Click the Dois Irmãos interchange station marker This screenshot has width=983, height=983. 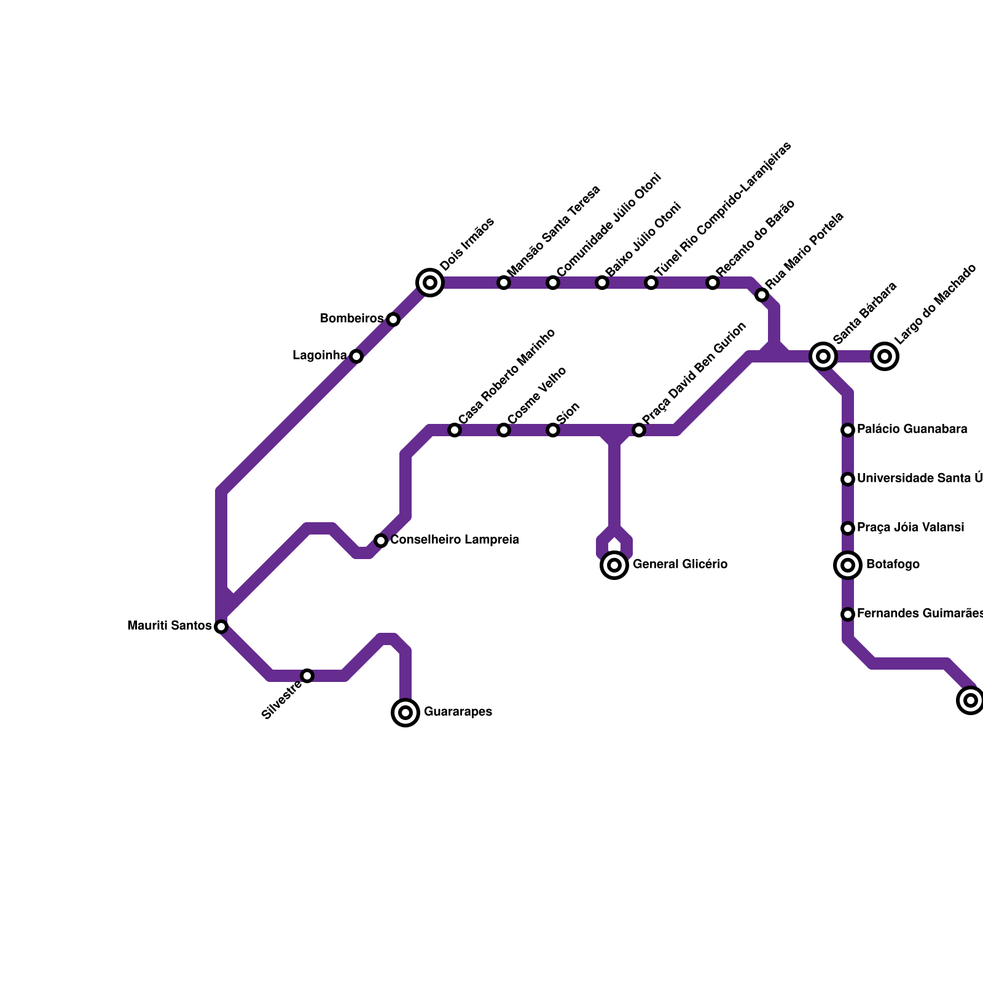coord(430,283)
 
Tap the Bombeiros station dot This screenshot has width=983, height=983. coord(393,319)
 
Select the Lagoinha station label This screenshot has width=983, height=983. coord(319,356)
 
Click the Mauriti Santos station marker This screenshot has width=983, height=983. coord(221,627)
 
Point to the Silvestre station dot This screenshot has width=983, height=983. coord(307,676)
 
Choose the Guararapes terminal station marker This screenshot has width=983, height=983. coord(405,713)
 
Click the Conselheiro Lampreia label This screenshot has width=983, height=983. coord(455,540)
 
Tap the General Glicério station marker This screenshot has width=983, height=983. coord(614,565)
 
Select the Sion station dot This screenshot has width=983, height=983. coord(553,430)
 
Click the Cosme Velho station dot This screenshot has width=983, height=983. coord(504,430)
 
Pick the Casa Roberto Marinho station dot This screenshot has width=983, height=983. coord(455,430)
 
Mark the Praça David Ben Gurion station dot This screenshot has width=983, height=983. coord(639,430)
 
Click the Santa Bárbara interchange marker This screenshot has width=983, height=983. coord(823,356)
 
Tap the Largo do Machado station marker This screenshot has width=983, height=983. coord(885,356)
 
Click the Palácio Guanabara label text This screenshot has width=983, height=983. coord(912,429)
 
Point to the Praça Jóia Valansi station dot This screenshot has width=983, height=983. coord(848,528)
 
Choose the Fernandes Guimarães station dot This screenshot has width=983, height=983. coord(848,614)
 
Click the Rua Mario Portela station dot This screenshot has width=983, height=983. coord(762,295)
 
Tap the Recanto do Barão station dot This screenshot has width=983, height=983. coord(713,283)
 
